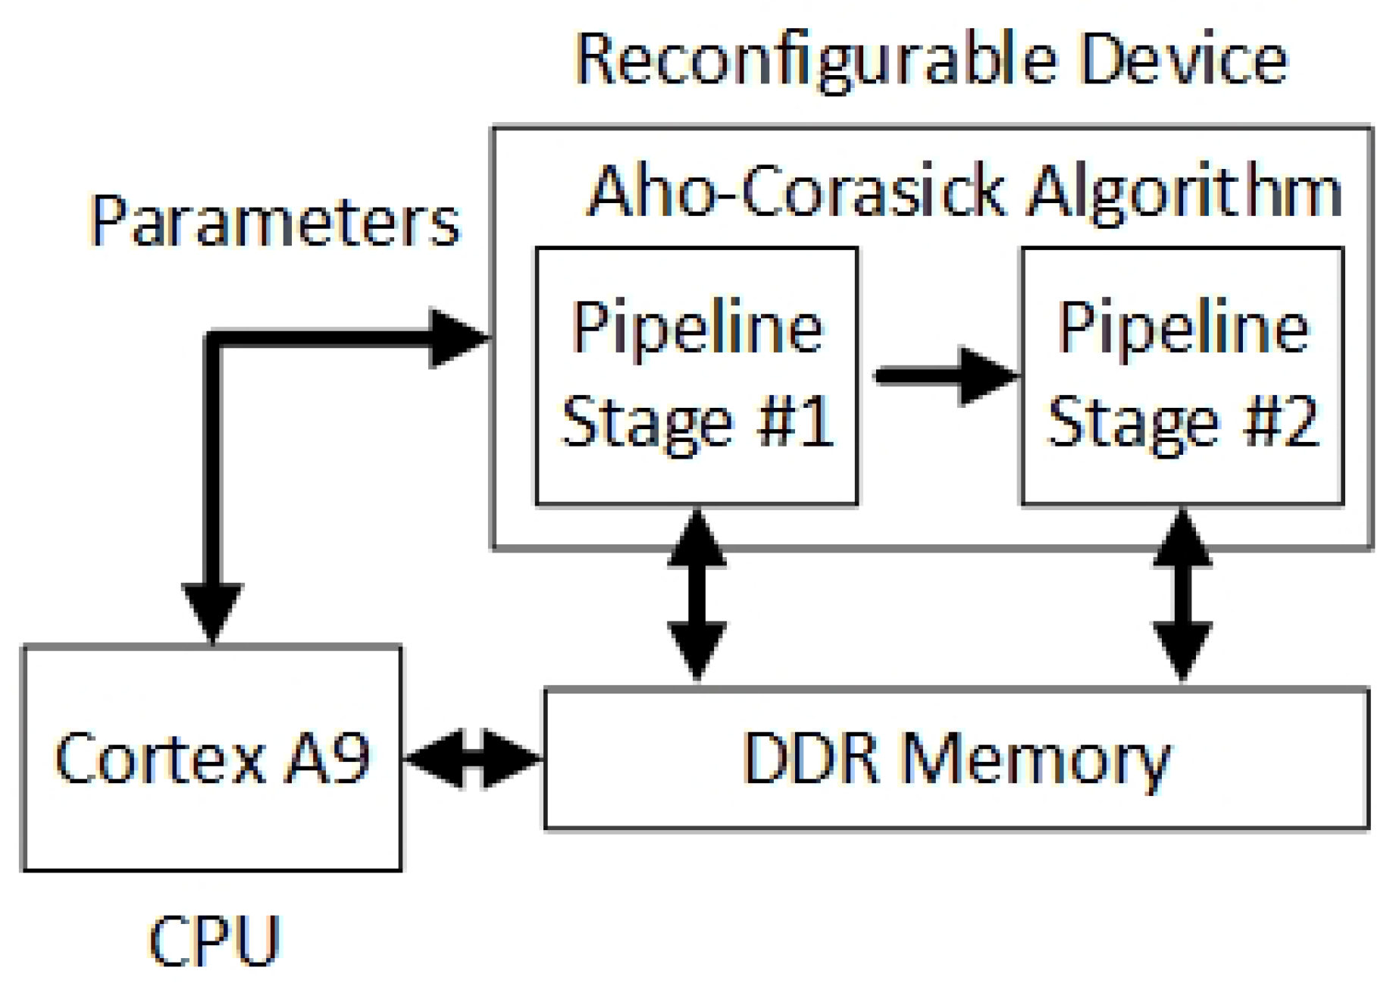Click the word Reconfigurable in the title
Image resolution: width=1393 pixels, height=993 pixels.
[815, 61]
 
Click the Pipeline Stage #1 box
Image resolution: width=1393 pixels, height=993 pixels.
[696, 375]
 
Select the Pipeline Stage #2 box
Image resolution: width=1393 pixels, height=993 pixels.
[1182, 375]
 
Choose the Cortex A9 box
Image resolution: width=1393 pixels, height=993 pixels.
[212, 758]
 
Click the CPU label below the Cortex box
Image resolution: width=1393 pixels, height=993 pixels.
[214, 941]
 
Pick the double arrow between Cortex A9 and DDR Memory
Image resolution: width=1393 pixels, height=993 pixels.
[473, 758]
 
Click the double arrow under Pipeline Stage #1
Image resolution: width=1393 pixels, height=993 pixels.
[697, 595]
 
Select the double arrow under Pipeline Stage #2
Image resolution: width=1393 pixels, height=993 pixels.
[1182, 595]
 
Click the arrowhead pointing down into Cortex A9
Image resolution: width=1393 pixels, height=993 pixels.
[213, 610]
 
